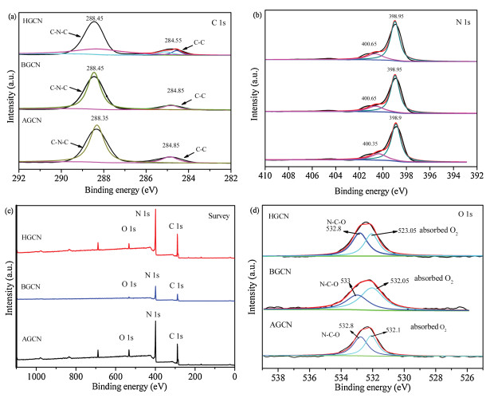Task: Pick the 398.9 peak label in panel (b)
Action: pos(396,116)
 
